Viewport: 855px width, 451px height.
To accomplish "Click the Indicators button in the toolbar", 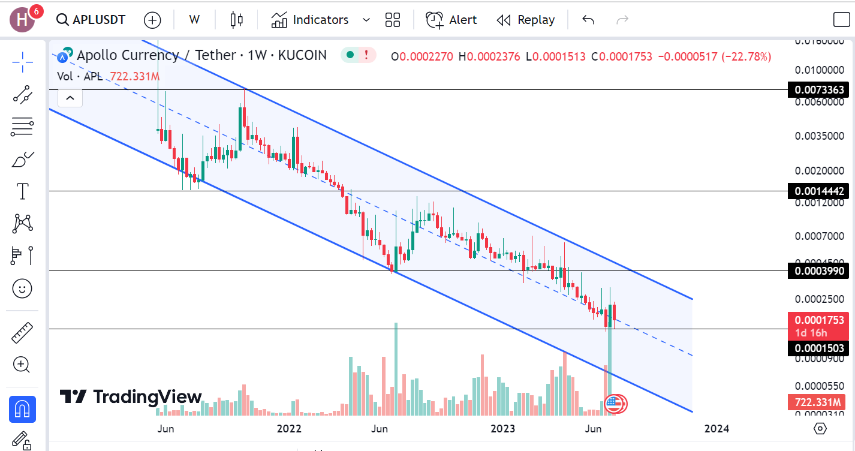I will (x=310, y=20).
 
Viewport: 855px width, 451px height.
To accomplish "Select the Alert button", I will (x=451, y=20).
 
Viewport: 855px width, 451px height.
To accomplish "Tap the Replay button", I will (x=526, y=20).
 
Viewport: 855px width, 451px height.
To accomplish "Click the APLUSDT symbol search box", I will (x=91, y=20).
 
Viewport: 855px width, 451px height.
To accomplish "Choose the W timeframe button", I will (x=194, y=20).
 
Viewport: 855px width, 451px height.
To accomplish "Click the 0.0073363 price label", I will (x=819, y=90).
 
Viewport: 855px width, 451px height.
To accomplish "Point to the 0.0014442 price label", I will (x=819, y=191).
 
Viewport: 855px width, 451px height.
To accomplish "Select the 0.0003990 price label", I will (x=819, y=271).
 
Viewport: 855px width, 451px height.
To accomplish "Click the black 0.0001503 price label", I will (x=819, y=348).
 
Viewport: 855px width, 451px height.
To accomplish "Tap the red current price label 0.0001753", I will (x=819, y=320).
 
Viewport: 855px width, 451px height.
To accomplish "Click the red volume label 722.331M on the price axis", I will (x=819, y=402).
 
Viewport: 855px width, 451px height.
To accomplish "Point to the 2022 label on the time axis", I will (x=289, y=428).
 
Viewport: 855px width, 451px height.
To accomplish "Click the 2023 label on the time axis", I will (x=502, y=428).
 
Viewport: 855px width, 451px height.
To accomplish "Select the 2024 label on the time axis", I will (x=716, y=428).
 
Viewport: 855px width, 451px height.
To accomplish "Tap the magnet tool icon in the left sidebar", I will (x=22, y=409).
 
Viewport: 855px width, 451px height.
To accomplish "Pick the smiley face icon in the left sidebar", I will (x=22, y=288).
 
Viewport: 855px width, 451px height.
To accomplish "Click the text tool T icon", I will (x=22, y=192).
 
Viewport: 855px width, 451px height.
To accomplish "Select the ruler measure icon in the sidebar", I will (x=22, y=332).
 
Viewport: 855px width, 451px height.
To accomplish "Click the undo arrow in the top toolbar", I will (x=588, y=20).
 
